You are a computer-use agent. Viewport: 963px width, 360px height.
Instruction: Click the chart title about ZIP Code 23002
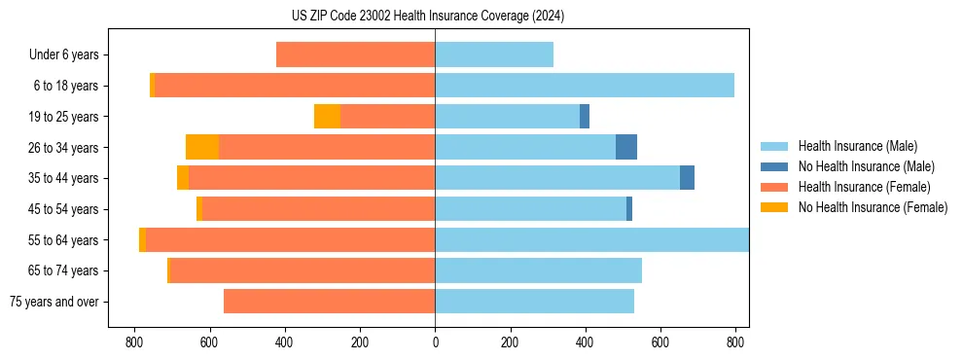point(427,17)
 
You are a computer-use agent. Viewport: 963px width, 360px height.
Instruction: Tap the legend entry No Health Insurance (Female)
point(873,207)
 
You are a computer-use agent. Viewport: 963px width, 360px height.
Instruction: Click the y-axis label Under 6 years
point(63,55)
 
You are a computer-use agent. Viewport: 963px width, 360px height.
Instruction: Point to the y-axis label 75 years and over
point(53,302)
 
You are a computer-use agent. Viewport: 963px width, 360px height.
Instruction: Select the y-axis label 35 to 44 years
point(63,178)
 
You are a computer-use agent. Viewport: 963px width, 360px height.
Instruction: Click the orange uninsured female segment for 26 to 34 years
point(202,147)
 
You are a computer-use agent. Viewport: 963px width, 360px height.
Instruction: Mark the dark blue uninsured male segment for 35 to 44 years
point(687,178)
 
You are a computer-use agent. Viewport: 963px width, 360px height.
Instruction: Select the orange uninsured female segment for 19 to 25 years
point(327,117)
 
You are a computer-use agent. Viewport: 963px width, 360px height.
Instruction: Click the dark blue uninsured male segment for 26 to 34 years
point(626,147)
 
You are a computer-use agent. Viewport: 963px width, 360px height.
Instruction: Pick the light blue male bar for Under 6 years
point(494,55)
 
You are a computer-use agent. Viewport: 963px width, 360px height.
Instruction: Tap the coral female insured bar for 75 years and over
point(329,302)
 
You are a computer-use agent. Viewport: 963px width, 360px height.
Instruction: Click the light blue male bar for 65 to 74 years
point(538,270)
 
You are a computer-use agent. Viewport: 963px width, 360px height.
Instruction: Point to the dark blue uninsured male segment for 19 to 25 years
point(585,117)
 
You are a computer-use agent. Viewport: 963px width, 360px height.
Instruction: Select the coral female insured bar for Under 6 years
point(355,55)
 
